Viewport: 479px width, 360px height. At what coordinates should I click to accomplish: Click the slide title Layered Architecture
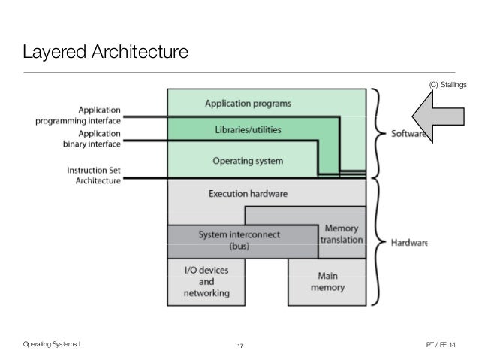coord(104,53)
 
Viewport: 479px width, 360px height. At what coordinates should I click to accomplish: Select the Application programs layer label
coord(249,103)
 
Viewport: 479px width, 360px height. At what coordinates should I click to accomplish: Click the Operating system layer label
coord(247,160)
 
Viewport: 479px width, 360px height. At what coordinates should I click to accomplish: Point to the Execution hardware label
coord(247,192)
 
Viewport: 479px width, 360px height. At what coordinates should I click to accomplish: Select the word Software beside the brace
coord(408,135)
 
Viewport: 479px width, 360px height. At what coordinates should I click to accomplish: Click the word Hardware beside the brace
coord(409,243)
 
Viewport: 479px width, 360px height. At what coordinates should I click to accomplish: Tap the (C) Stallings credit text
coord(447,85)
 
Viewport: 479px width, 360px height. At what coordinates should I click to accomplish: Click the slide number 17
coord(240,346)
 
